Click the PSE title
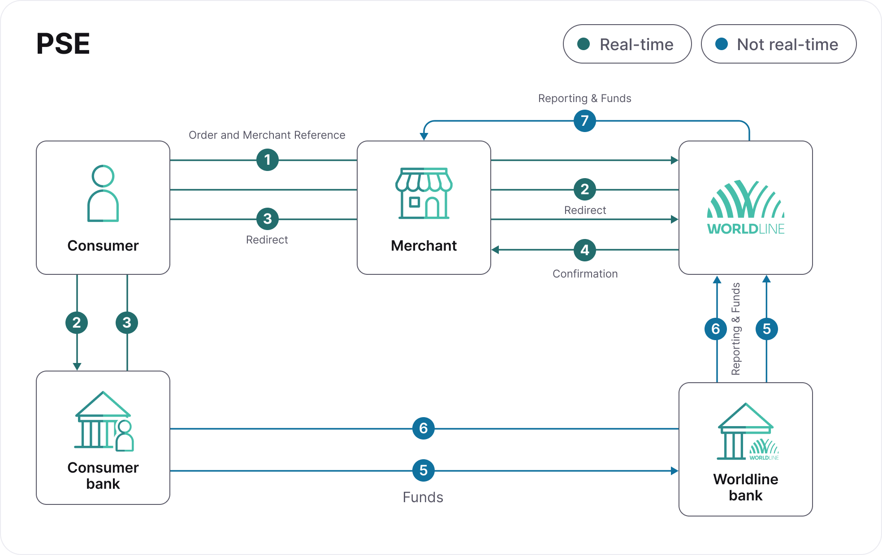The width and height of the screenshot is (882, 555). click(63, 44)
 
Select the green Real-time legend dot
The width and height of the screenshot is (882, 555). click(584, 44)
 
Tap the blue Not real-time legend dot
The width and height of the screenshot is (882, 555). click(722, 44)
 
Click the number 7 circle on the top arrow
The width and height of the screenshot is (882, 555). click(584, 121)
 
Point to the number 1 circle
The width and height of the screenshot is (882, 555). click(268, 160)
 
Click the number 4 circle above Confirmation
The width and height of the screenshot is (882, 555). click(584, 250)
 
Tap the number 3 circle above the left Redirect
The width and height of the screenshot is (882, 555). click(268, 219)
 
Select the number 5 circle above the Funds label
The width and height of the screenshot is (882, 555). click(423, 470)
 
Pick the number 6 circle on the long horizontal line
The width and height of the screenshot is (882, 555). click(423, 428)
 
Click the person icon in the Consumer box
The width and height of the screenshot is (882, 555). click(103, 193)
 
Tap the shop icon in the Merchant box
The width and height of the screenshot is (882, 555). click(424, 193)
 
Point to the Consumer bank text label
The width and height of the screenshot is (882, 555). click(103, 476)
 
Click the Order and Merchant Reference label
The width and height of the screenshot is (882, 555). click(267, 135)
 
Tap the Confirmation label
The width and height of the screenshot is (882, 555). click(585, 274)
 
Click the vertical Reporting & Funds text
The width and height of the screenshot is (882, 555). click(735, 329)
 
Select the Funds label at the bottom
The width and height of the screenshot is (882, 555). click(423, 497)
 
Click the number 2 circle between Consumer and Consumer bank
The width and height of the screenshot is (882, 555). click(77, 323)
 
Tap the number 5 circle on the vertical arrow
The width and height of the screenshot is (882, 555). click(766, 329)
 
